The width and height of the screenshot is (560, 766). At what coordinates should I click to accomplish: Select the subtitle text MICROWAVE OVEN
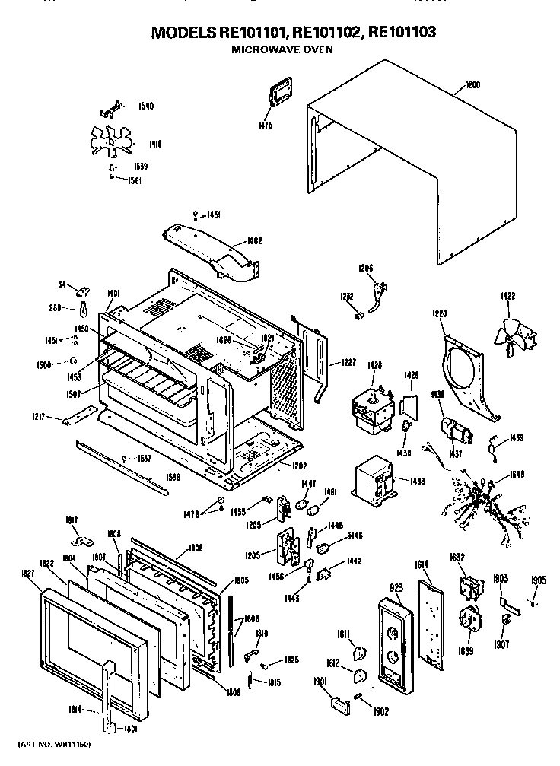(282, 49)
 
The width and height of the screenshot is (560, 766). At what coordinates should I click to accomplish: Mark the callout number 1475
(266, 125)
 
